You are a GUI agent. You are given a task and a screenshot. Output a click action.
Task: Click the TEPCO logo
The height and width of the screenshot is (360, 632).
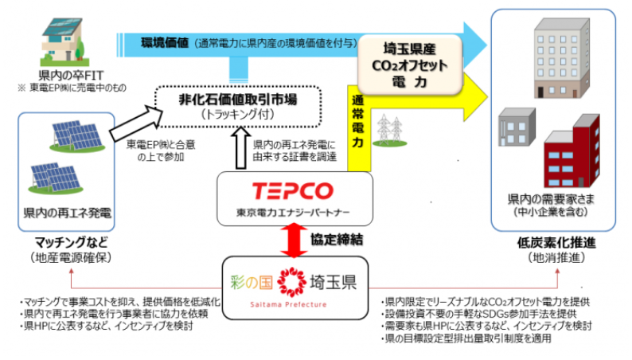[294, 191]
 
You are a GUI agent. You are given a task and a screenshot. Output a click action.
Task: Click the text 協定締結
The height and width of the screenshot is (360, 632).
[335, 237]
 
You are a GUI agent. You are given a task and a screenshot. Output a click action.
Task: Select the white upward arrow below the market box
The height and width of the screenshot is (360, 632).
[238, 147]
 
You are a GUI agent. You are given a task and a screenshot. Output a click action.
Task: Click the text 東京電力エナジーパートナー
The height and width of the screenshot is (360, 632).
[292, 213]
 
